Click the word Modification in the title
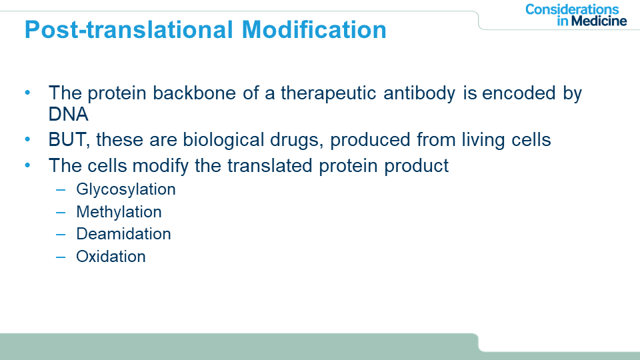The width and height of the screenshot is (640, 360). click(314, 29)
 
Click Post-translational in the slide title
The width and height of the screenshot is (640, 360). click(129, 29)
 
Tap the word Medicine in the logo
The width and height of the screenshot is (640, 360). click(599, 21)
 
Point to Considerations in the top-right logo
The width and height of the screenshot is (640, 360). click(572, 9)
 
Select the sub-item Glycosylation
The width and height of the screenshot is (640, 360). click(126, 189)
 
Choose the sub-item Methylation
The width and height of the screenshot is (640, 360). click(119, 212)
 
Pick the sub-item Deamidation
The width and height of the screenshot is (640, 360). click(123, 234)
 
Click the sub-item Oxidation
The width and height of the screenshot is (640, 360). click(111, 256)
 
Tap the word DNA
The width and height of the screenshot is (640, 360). click(68, 114)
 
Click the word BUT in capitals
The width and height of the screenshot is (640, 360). click(67, 139)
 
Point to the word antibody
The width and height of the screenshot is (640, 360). click(419, 93)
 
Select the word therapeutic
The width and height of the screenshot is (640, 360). click(328, 93)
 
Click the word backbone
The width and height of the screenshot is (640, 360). click(194, 93)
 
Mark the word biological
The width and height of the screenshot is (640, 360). click(223, 140)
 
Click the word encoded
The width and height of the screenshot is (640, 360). click(519, 93)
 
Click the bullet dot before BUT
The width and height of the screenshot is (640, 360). click(27, 139)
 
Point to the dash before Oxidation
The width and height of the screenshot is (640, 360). click(61, 257)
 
